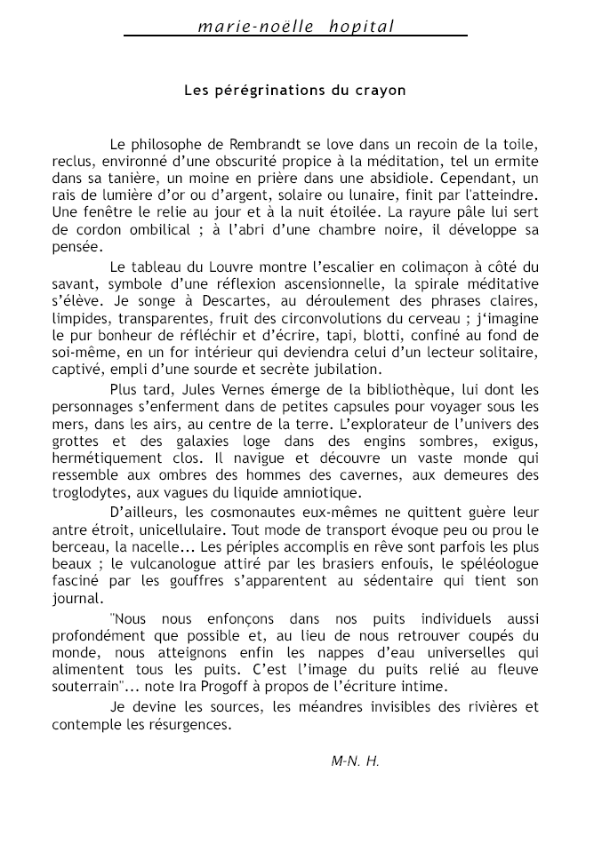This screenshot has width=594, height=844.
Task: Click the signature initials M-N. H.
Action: (x=355, y=760)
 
